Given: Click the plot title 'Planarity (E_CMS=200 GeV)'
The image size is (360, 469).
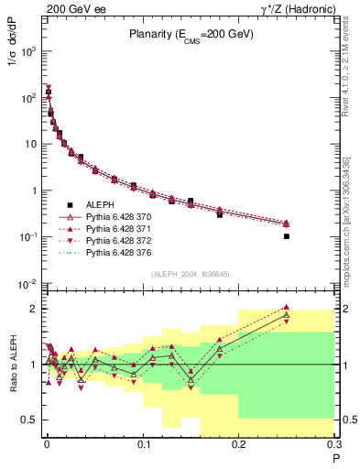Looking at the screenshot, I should pos(190,36).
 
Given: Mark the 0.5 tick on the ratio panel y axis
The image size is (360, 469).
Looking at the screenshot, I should pos(32,420).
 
